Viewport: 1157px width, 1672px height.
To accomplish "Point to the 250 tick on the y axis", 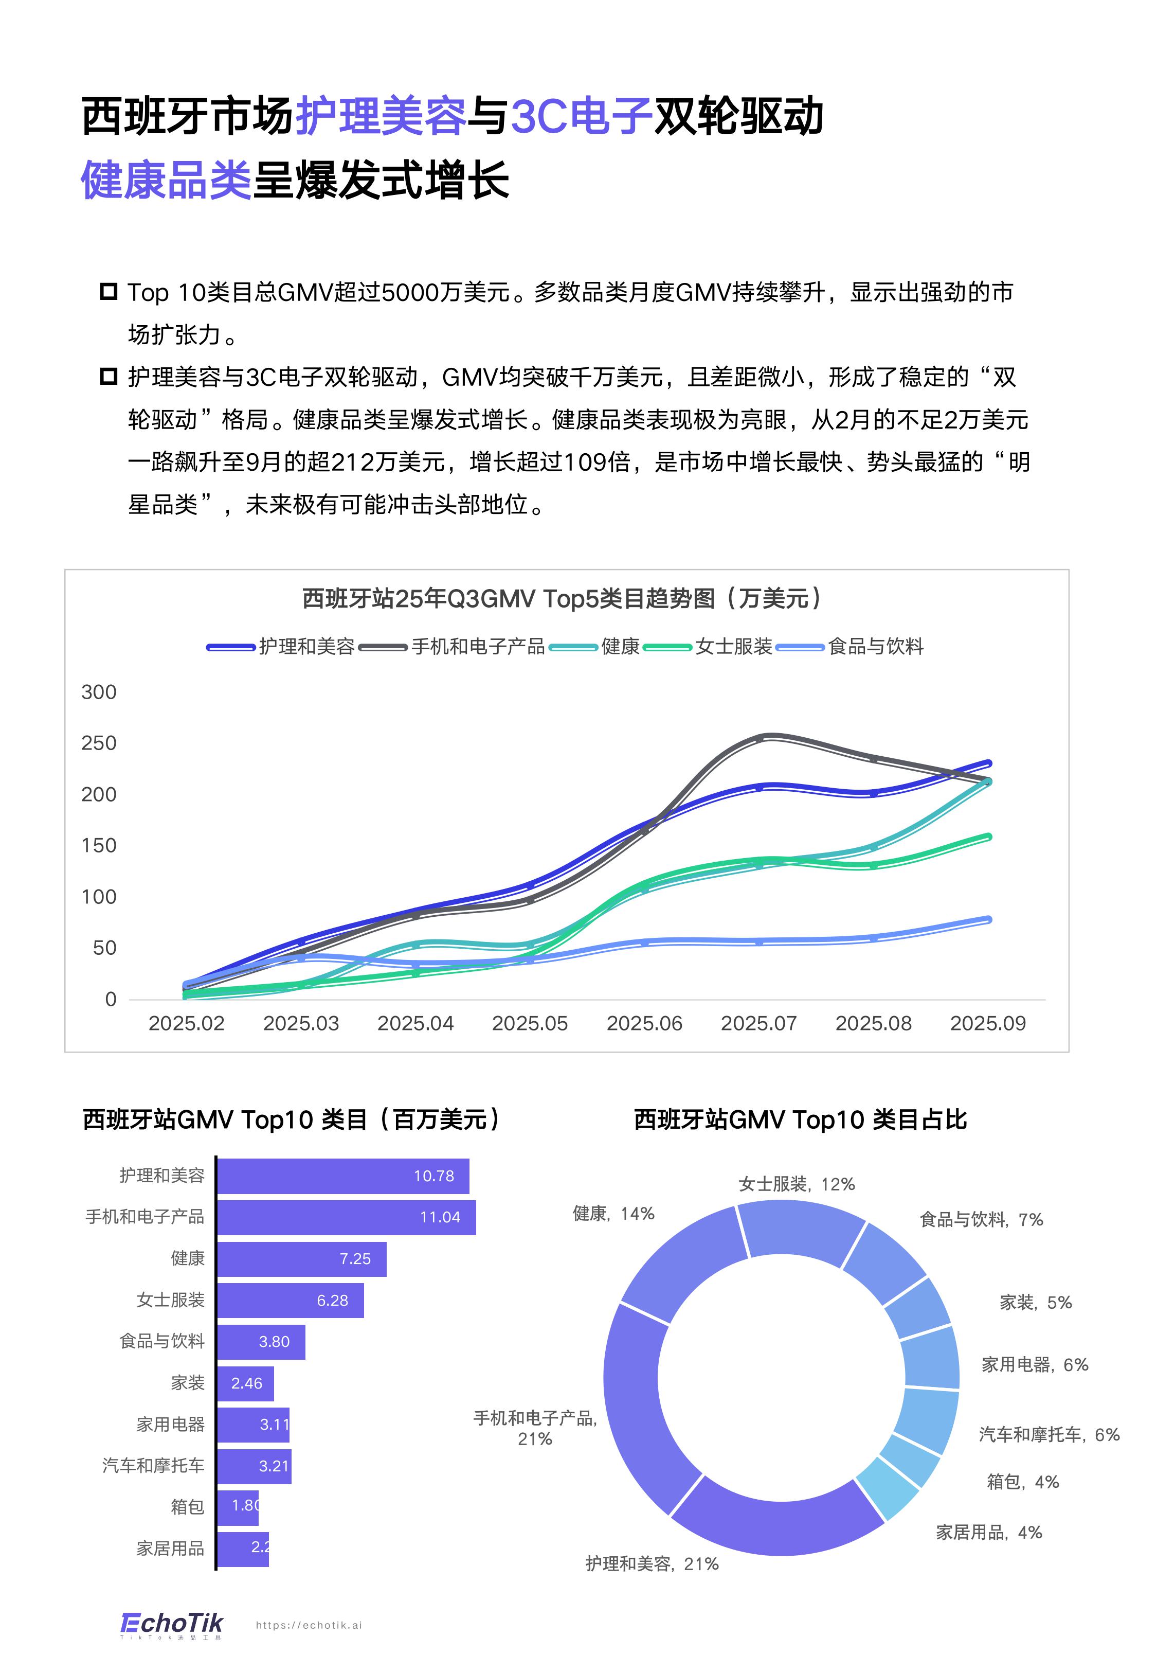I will pos(99,743).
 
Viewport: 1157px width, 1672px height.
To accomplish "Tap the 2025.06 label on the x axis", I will pos(644,1023).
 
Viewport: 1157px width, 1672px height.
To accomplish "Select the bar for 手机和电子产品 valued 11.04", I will pos(346,1217).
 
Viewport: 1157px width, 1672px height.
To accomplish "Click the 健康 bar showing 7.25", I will pos(301,1259).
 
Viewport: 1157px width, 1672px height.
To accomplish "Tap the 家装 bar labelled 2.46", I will pos(245,1383).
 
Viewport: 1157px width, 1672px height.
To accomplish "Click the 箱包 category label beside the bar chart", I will pos(187,1507).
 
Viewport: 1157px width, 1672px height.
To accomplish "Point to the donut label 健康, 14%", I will pos(613,1214).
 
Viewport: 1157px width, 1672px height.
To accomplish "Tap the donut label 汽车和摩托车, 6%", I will pos(1049,1434).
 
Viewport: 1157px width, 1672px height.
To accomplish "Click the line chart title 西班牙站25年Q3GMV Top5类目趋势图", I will pos(563,599).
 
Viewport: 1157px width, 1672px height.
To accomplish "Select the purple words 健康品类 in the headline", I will pos(166,180).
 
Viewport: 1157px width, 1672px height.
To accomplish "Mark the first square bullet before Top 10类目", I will pos(108,292).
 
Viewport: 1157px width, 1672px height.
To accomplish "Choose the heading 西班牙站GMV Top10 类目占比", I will pos(800,1119).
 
